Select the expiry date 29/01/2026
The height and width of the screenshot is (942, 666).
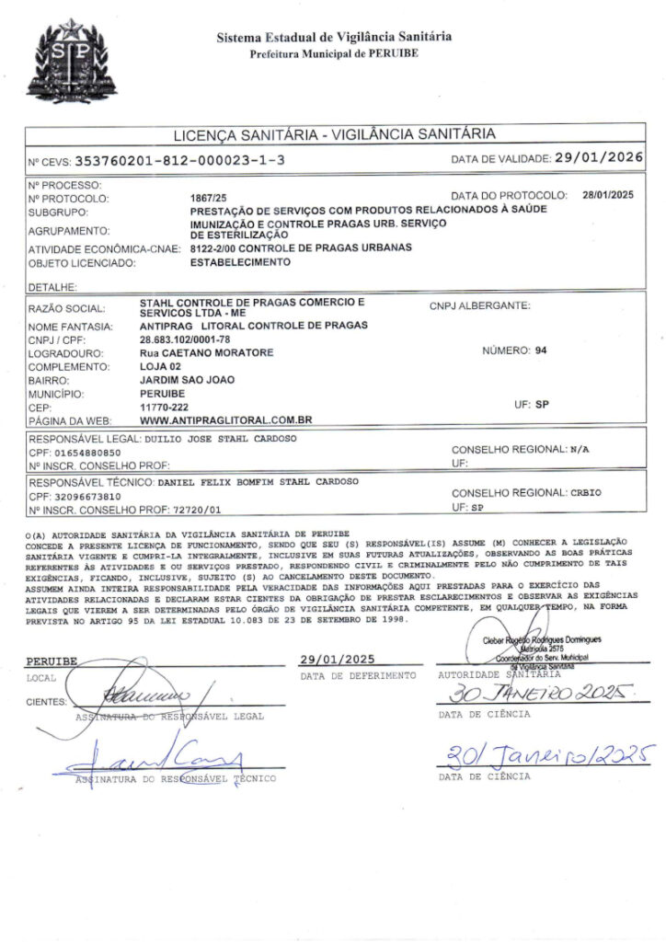click(598, 157)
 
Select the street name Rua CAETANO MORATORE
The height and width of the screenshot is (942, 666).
click(206, 352)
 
